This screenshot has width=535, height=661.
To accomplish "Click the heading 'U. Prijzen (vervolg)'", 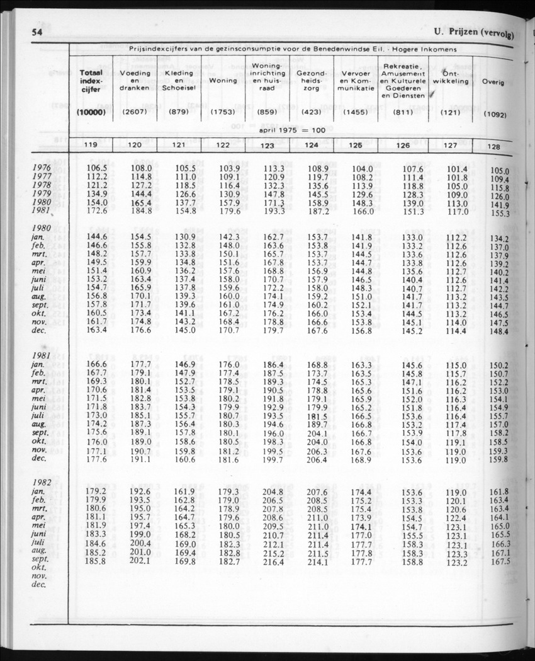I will (x=473, y=34).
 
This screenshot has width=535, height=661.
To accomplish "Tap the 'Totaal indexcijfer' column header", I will (x=91, y=81).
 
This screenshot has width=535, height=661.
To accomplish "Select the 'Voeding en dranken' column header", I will (x=135, y=81).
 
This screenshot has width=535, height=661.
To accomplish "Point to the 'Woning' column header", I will (x=223, y=81).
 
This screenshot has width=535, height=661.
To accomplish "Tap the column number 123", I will (x=267, y=146).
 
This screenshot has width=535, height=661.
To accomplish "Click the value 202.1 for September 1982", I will (x=140, y=561).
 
